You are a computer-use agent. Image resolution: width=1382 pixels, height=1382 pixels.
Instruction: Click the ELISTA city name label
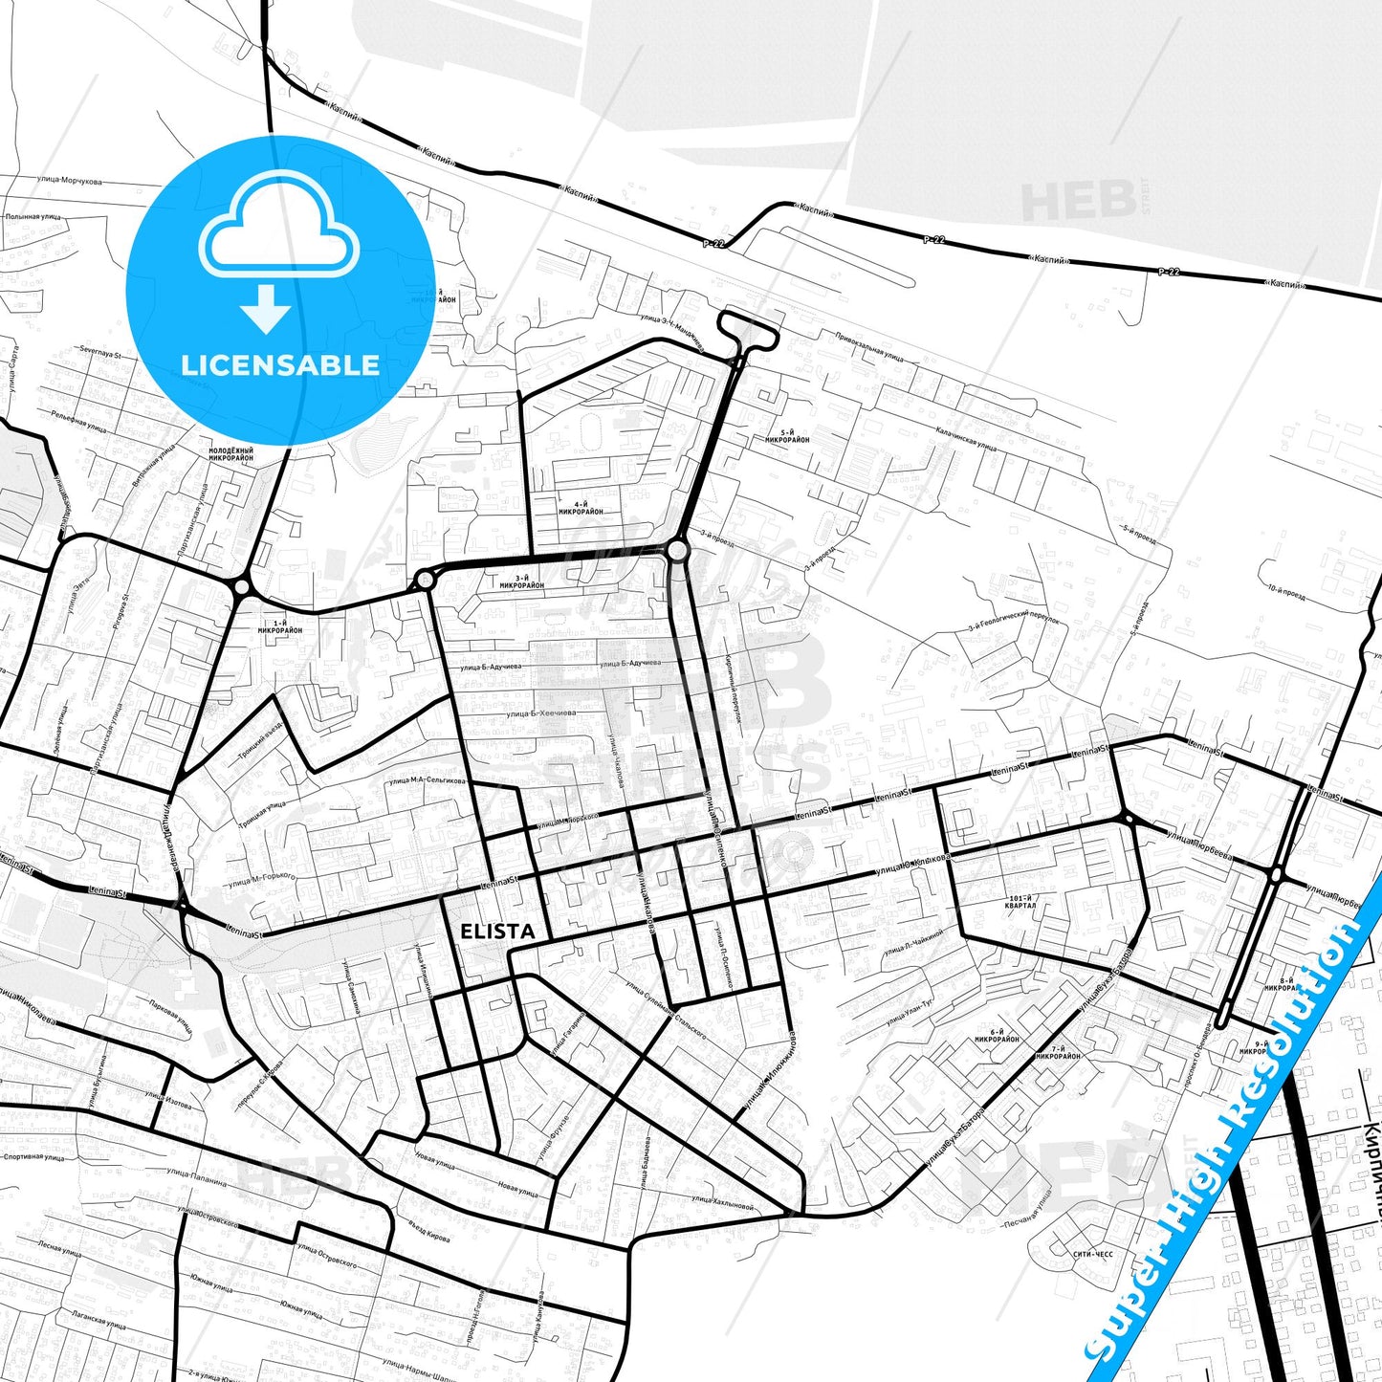496,932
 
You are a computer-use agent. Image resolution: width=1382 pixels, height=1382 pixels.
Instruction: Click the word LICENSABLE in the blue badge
280,364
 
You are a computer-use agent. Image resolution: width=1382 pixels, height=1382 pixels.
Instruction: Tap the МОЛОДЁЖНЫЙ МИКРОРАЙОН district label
231,454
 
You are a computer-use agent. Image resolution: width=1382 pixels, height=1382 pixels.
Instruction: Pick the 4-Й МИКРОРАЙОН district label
581,508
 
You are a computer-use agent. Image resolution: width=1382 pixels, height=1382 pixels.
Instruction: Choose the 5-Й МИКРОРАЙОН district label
787,436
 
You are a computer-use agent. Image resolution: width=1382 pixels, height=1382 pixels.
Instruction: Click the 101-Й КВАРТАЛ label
1020,902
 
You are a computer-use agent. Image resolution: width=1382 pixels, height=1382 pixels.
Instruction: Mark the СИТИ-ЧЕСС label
1092,1253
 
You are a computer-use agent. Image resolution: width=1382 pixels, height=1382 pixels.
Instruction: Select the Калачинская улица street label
966,439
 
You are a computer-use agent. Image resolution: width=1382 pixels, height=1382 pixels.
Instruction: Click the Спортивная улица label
33,1157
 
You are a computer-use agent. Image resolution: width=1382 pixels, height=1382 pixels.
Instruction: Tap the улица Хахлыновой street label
722,1202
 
